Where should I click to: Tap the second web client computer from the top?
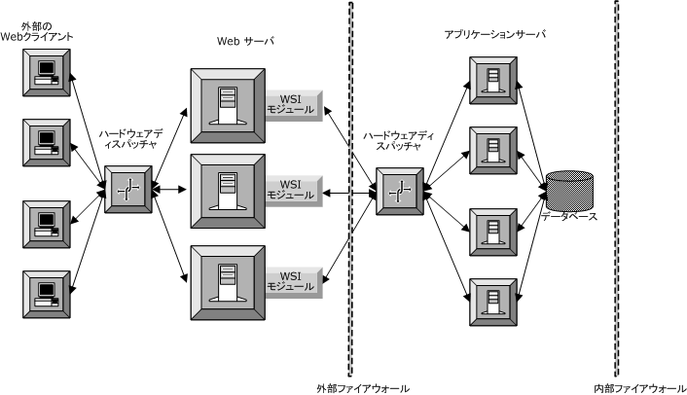coord(45,144)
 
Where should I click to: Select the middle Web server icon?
coord(228,188)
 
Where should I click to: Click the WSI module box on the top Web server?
coord(291,104)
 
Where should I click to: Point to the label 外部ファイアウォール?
coord(363,387)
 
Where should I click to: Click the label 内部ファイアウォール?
coord(638,387)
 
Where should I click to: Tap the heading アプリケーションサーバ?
coord(494,34)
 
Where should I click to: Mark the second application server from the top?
coord(493,150)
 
